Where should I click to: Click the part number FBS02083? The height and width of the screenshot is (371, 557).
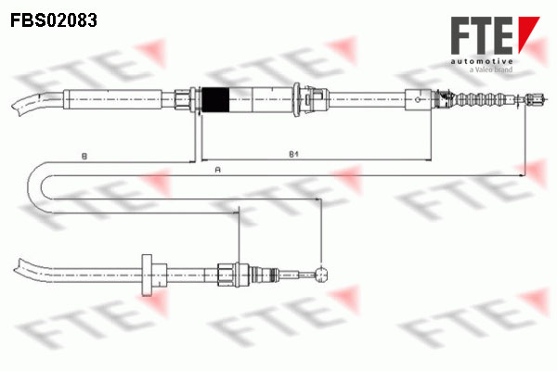tap(54, 20)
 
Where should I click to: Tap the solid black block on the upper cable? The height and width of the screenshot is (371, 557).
tap(215, 100)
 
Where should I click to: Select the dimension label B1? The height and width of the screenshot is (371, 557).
tap(293, 154)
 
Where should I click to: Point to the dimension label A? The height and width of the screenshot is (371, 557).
tap(218, 170)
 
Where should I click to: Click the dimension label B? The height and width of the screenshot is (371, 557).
tap(84, 156)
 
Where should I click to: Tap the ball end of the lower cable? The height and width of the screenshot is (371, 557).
tap(321, 274)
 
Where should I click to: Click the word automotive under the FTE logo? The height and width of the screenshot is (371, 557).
tap(482, 62)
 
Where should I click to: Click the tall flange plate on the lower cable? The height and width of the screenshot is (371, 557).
tap(147, 275)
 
